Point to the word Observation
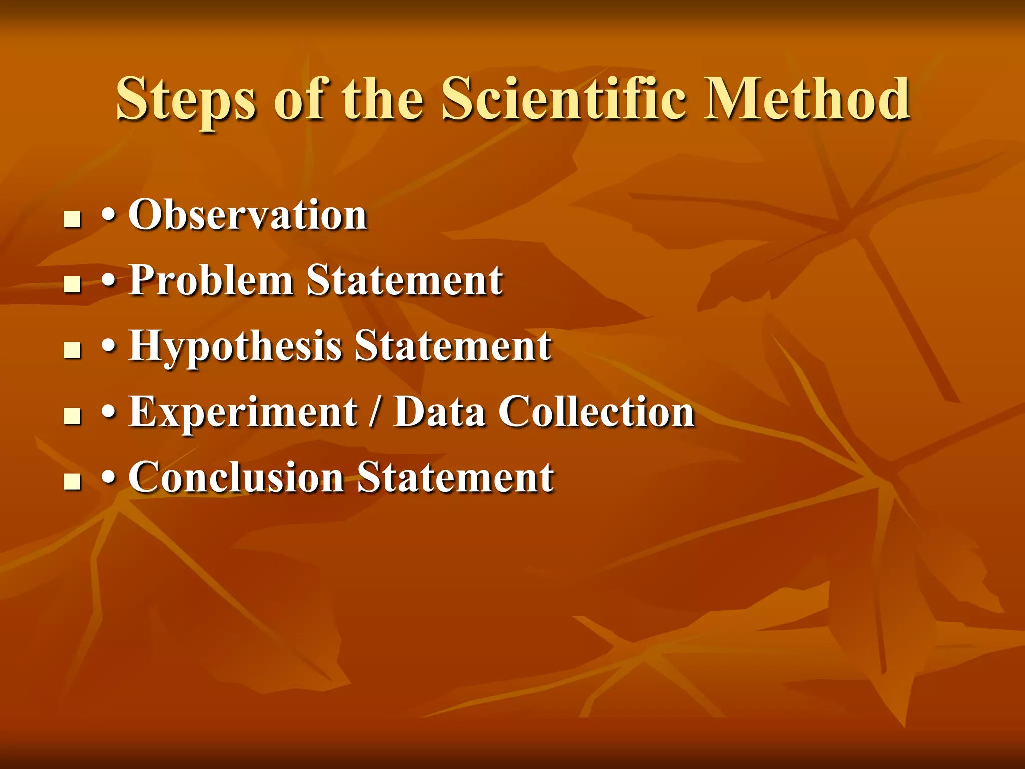pyautogui.click(x=248, y=215)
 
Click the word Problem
pyautogui.click(x=211, y=280)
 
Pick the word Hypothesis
pyautogui.click(x=235, y=346)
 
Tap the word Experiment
pyautogui.click(x=243, y=412)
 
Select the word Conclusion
pyautogui.click(x=236, y=477)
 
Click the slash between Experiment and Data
pyautogui.click(x=374, y=413)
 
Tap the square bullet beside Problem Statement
pyautogui.click(x=73, y=285)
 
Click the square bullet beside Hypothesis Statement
pyautogui.click(x=73, y=350)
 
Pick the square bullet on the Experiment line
pyautogui.click(x=73, y=416)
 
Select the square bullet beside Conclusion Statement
pyautogui.click(x=73, y=482)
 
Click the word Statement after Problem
pyautogui.click(x=404, y=280)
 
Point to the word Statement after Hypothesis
pyautogui.click(x=452, y=346)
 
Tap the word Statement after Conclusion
pyautogui.click(x=455, y=477)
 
